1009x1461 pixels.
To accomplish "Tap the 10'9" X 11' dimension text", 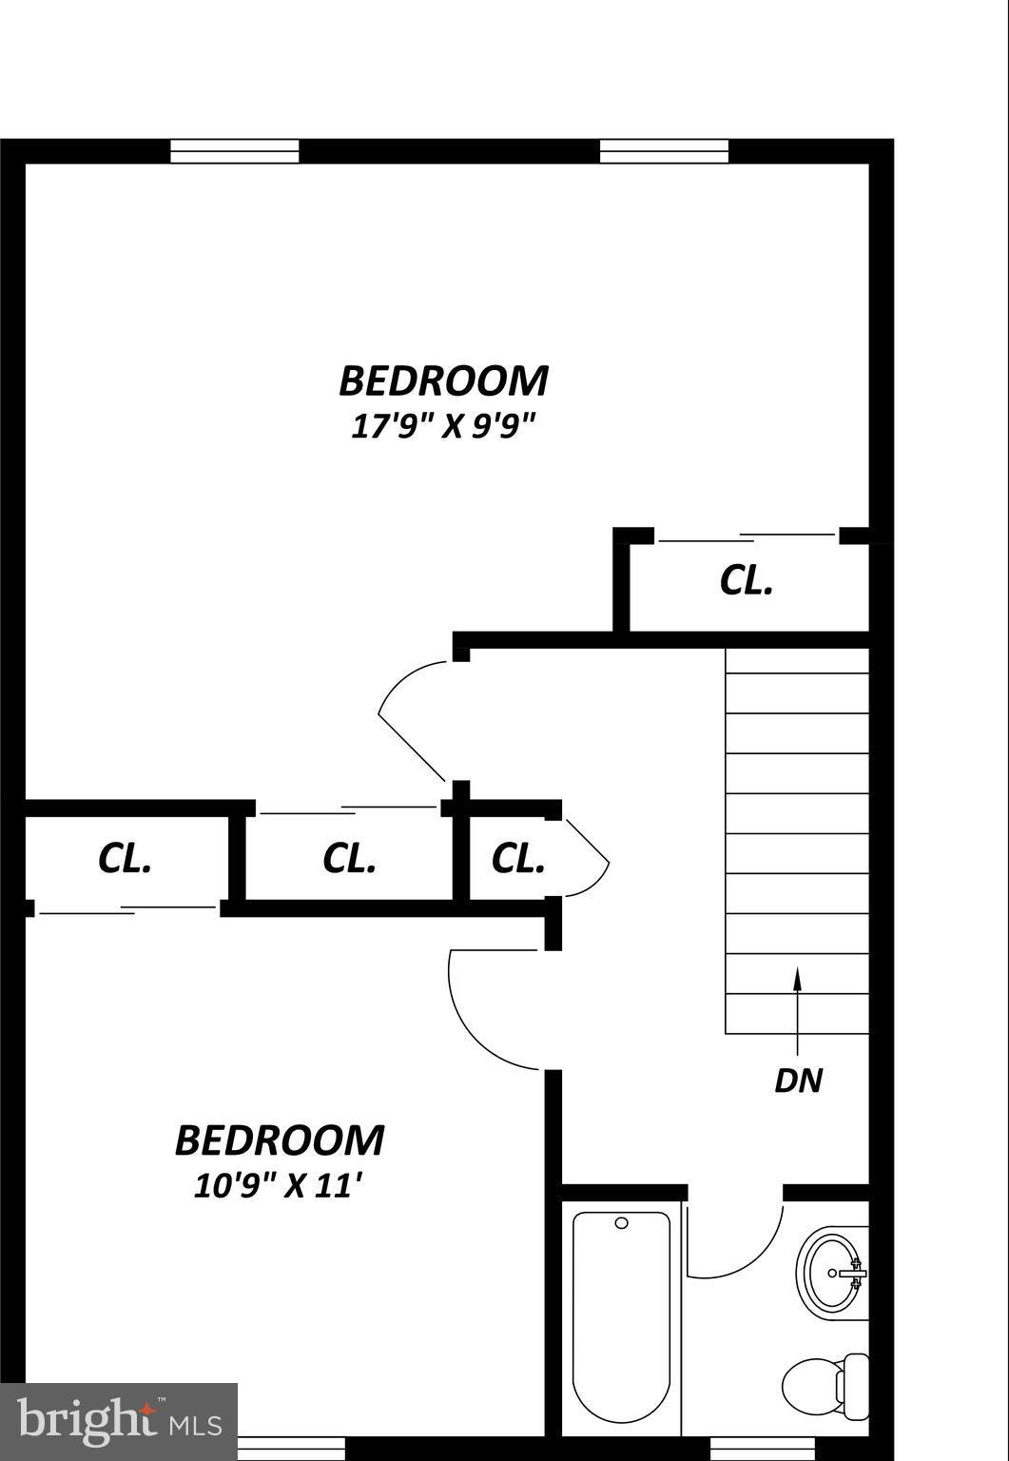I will [x=279, y=1185].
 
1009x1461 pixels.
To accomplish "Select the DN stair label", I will [x=798, y=1081].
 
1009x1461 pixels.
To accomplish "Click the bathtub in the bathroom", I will [x=621, y=1317].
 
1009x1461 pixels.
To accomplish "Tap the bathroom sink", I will [x=834, y=1273].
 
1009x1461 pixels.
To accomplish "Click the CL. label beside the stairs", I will [x=747, y=580].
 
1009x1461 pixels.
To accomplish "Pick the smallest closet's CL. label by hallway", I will [x=517, y=858].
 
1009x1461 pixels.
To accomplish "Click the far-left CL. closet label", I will [x=125, y=858].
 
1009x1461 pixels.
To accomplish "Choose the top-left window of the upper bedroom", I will [x=234, y=151].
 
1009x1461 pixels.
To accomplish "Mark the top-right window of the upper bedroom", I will [x=664, y=151].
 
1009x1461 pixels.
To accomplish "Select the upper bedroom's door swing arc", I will [x=404, y=718].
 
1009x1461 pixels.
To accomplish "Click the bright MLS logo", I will [x=119, y=1421].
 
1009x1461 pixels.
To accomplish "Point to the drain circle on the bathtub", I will [x=622, y=1223].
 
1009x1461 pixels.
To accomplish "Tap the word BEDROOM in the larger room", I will [x=443, y=380].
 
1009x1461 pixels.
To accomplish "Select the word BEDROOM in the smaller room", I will [x=279, y=1140].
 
